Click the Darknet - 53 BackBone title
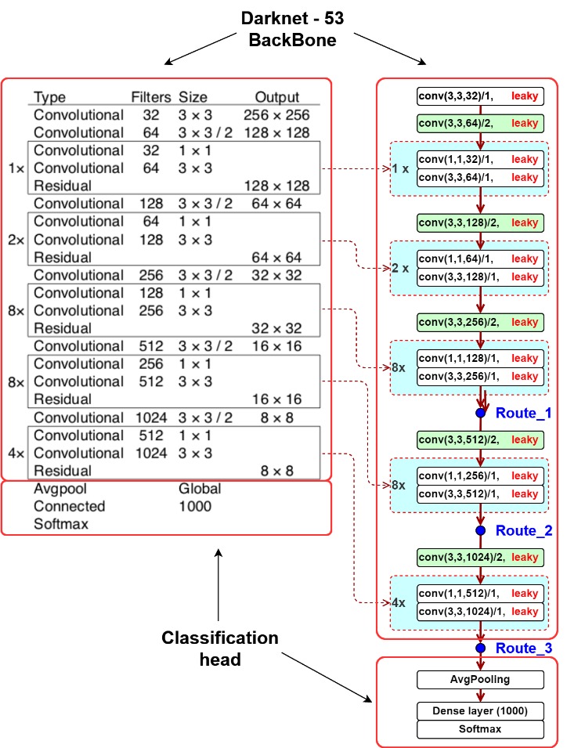(292, 29)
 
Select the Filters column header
(151, 97)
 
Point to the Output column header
(276, 97)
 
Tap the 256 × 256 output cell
(276, 115)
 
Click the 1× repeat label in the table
(16, 168)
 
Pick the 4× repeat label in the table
(16, 453)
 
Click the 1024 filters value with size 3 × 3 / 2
(151, 417)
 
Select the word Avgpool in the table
(60, 489)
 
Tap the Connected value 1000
(195, 506)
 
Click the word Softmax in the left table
(61, 524)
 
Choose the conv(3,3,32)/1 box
(480, 96)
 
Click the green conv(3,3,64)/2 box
(480, 123)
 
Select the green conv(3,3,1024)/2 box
(480, 557)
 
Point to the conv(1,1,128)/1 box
(480, 358)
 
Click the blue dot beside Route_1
(481, 413)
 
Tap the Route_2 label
(524, 530)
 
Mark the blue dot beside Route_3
(481, 648)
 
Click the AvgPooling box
(480, 680)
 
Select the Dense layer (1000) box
(480, 710)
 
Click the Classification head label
(220, 649)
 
